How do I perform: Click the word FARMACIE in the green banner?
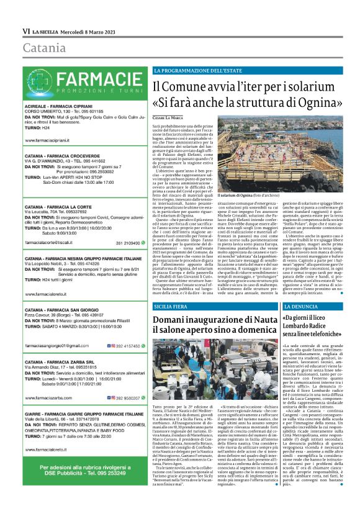[x=91, y=79]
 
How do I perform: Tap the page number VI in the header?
[x=26, y=31]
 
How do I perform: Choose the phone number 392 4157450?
[x=127, y=345]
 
